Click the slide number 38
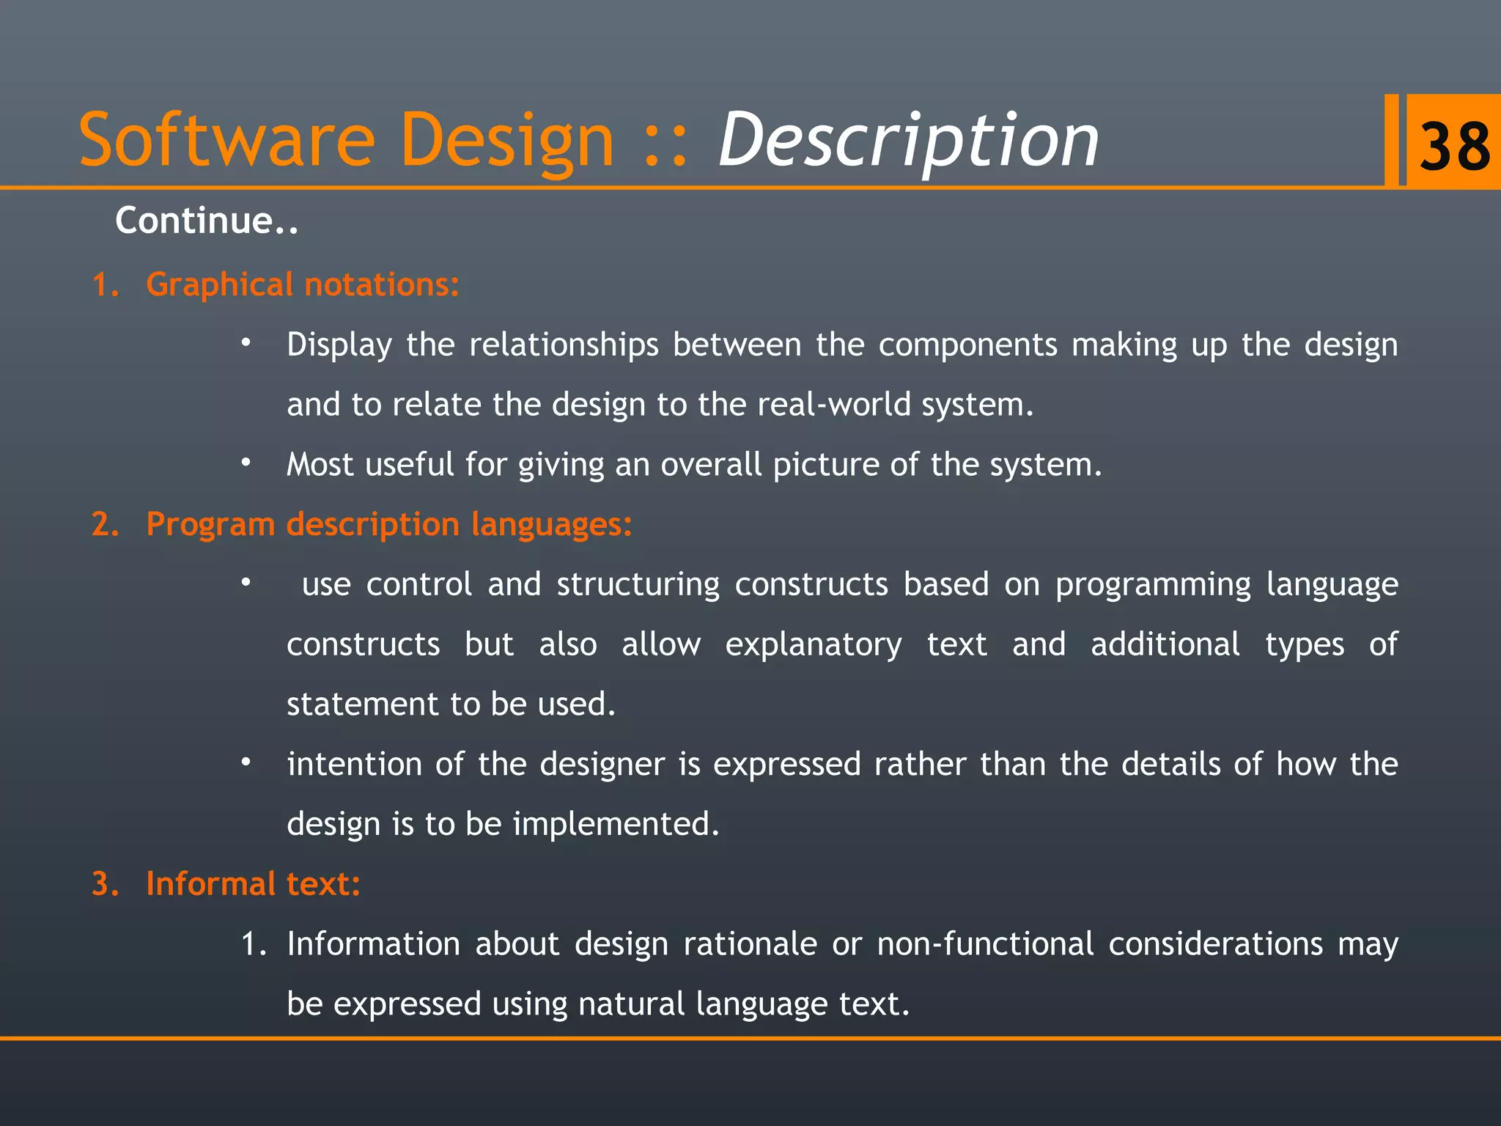tap(1454, 145)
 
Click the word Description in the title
tap(909, 141)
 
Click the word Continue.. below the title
tap(207, 221)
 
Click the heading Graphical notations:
tap(302, 284)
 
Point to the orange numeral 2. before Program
tap(106, 525)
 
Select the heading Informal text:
tap(253, 884)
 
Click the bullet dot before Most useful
tap(246, 463)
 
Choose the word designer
tap(602, 765)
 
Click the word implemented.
tap(616, 825)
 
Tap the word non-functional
tap(985, 944)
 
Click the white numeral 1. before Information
tap(254, 944)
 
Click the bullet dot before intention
tap(246, 762)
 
